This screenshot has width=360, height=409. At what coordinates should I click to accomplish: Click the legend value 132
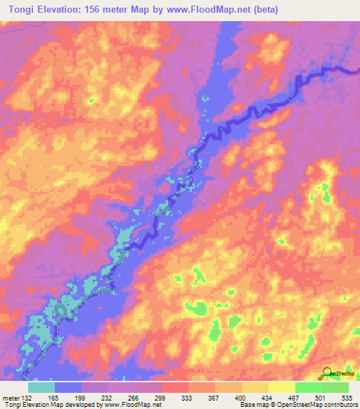pos(27,396)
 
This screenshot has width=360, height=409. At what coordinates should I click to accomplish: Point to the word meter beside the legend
pos(11,396)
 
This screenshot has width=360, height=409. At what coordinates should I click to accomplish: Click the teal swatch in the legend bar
pos(41,387)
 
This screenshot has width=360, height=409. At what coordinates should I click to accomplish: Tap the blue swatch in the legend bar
pos(68,387)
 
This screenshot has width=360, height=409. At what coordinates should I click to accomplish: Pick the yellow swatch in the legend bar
pos(282,387)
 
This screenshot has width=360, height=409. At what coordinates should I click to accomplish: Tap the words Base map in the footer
pos(252,404)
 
